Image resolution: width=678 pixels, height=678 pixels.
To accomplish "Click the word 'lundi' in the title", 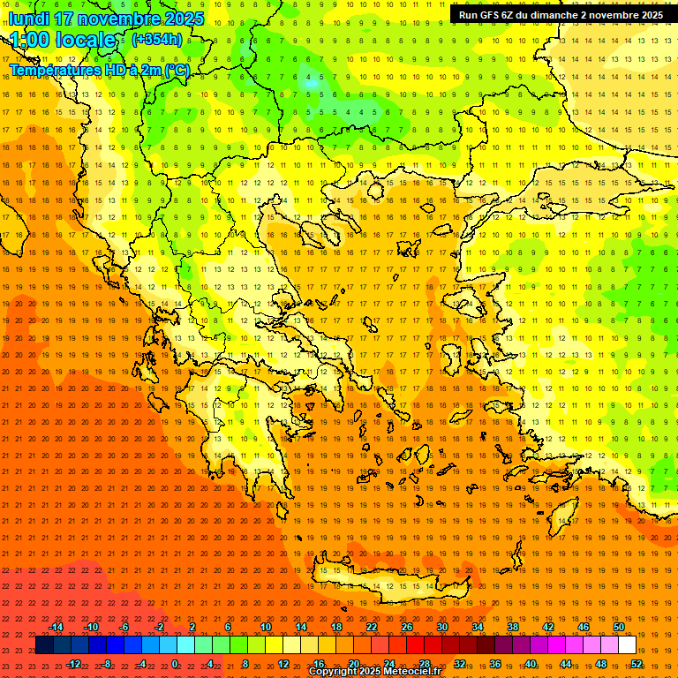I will click(x=28, y=19).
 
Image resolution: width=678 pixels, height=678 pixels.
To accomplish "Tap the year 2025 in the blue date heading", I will click(x=182, y=19).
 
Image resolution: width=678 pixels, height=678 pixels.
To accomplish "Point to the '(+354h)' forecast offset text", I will click(x=157, y=39).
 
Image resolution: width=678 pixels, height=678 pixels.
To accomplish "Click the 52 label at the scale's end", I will click(x=636, y=664).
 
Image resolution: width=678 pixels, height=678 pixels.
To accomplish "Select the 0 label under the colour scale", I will click(x=175, y=664).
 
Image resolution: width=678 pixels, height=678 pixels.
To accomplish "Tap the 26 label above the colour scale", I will click(x=407, y=627).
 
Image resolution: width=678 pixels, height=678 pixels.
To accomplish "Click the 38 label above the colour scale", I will click(x=513, y=627).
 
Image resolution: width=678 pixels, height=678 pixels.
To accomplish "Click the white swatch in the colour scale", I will click(x=627, y=645).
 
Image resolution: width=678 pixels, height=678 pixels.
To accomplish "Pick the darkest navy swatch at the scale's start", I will click(x=44, y=645).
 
